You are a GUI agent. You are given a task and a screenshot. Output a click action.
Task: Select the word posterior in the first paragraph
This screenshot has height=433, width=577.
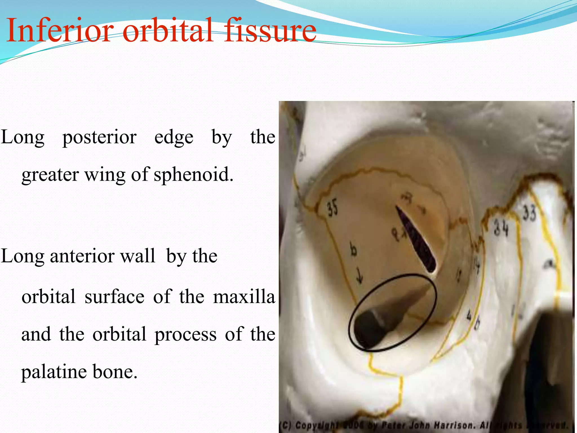point(99,138)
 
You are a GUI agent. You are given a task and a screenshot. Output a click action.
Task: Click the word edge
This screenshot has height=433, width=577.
point(174,138)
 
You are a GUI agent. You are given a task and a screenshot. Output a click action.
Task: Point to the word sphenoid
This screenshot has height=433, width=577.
point(193,175)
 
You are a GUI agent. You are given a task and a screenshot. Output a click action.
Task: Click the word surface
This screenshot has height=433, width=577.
point(114,297)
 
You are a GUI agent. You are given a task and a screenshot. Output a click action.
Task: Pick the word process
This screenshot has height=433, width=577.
point(185,335)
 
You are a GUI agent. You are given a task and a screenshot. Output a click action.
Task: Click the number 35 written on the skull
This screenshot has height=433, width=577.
point(332,208)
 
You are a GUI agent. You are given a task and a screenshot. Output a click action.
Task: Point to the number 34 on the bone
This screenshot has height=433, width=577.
point(501,228)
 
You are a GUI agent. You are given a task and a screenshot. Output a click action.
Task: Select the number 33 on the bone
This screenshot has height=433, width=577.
point(529,213)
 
